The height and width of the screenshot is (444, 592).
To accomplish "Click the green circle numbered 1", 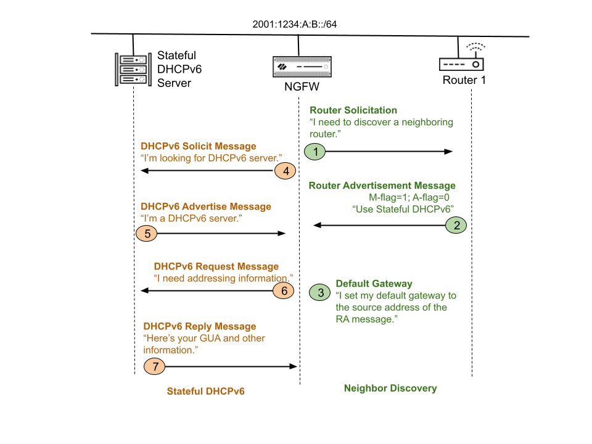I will coord(315,152).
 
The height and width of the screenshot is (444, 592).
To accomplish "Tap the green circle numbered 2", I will coord(456,226).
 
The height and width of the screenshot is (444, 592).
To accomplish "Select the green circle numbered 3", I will coord(320,292).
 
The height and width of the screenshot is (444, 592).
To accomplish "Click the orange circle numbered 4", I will coord(286,171).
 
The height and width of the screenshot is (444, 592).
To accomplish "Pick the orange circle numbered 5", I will coord(147,234).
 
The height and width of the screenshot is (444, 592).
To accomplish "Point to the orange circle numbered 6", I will coord(284,290).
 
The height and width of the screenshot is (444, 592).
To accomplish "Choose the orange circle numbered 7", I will coord(155,367).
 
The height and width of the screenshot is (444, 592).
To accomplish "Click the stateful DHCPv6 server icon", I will coord(133,68).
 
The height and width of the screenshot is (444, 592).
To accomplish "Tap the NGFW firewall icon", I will coord(298,67).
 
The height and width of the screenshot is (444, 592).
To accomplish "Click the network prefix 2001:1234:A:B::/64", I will coord(294,25).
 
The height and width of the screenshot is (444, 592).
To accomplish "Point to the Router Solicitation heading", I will coord(353,110).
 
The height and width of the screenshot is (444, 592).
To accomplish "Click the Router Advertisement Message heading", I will coord(382,186).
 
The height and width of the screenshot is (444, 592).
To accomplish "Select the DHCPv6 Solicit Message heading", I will coord(198,147).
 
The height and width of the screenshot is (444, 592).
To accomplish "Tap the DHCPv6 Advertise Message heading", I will coord(205,207).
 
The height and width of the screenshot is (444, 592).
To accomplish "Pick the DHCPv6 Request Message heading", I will coord(216,267).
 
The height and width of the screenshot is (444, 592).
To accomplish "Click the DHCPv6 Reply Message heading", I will coord(199,326).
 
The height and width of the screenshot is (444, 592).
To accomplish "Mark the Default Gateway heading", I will coord(374,284).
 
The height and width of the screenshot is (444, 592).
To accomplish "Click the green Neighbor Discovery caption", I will coord(390,388).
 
